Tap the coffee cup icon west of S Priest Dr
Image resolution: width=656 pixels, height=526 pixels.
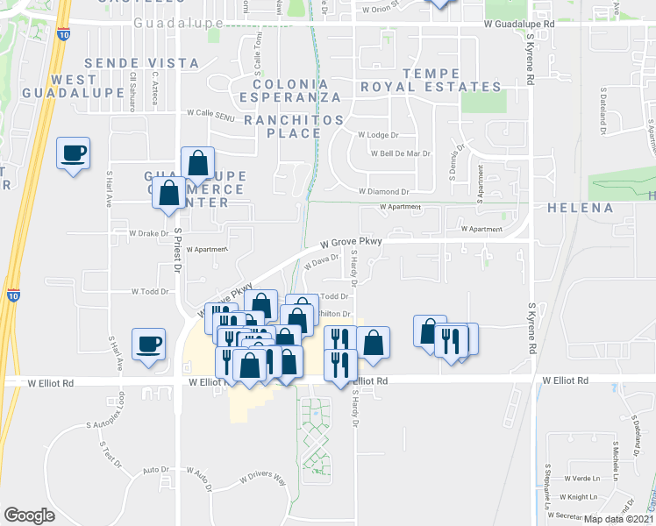point(148,343)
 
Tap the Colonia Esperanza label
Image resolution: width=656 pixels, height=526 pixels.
point(281,89)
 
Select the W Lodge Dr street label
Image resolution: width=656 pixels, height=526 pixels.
point(378,136)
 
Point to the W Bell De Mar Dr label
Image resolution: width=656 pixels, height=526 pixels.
point(394,153)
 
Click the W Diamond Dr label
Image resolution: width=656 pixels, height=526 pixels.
point(384,191)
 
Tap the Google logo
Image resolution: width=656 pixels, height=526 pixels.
point(30,515)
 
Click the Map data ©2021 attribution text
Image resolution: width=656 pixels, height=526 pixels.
point(619,519)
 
